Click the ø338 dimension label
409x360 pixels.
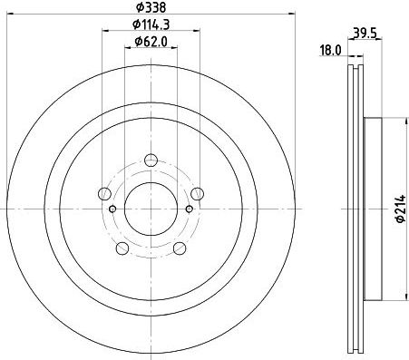pyautogui.click(x=151, y=7)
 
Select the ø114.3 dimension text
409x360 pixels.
pyautogui.click(x=151, y=24)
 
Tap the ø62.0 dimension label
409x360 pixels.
pyautogui.click(x=151, y=41)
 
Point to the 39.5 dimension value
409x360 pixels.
pyautogui.click(x=365, y=34)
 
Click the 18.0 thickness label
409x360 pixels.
pyautogui.click(x=331, y=50)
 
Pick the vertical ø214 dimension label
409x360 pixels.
pyautogui.click(x=401, y=209)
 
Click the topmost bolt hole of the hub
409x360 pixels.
pyautogui.click(x=151, y=161)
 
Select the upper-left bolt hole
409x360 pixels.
pyautogui.click(x=104, y=194)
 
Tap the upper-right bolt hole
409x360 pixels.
pyautogui.click(x=197, y=194)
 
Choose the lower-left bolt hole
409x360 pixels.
pyautogui.click(x=122, y=248)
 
